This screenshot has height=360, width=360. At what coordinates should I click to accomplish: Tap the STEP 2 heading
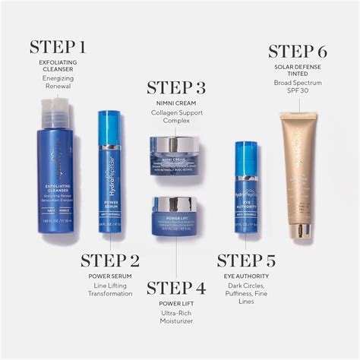(x=110, y=261)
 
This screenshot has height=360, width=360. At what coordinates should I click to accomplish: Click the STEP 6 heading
(x=298, y=52)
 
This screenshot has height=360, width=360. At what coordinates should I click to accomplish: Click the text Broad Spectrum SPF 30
(x=298, y=87)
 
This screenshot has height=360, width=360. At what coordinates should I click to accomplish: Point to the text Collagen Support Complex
(x=176, y=118)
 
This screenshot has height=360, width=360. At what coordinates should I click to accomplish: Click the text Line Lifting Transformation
(x=110, y=289)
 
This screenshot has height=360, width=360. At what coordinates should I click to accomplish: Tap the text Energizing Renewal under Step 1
(x=58, y=82)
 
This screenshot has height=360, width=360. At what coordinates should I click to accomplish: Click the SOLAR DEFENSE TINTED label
(x=298, y=68)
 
